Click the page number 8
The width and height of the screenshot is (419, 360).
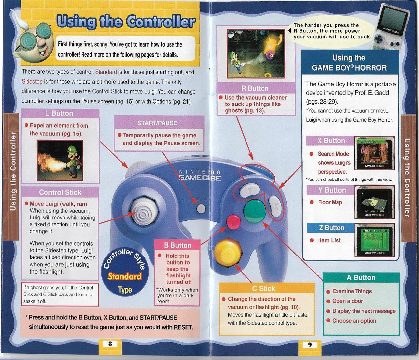coord(110,344)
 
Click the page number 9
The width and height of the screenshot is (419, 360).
coord(309,344)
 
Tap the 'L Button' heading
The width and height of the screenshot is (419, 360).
coord(59,113)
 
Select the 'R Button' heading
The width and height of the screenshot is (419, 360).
coord(255,88)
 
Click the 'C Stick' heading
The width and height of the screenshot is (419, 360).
coord(263,288)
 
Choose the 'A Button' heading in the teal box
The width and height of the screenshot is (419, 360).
coord(361,278)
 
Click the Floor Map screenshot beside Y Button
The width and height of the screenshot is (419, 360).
coord(374,202)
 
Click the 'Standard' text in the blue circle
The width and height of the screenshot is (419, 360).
coord(125,276)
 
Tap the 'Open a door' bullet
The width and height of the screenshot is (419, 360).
coord(347,301)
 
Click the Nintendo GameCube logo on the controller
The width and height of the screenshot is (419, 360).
coord(199,175)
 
